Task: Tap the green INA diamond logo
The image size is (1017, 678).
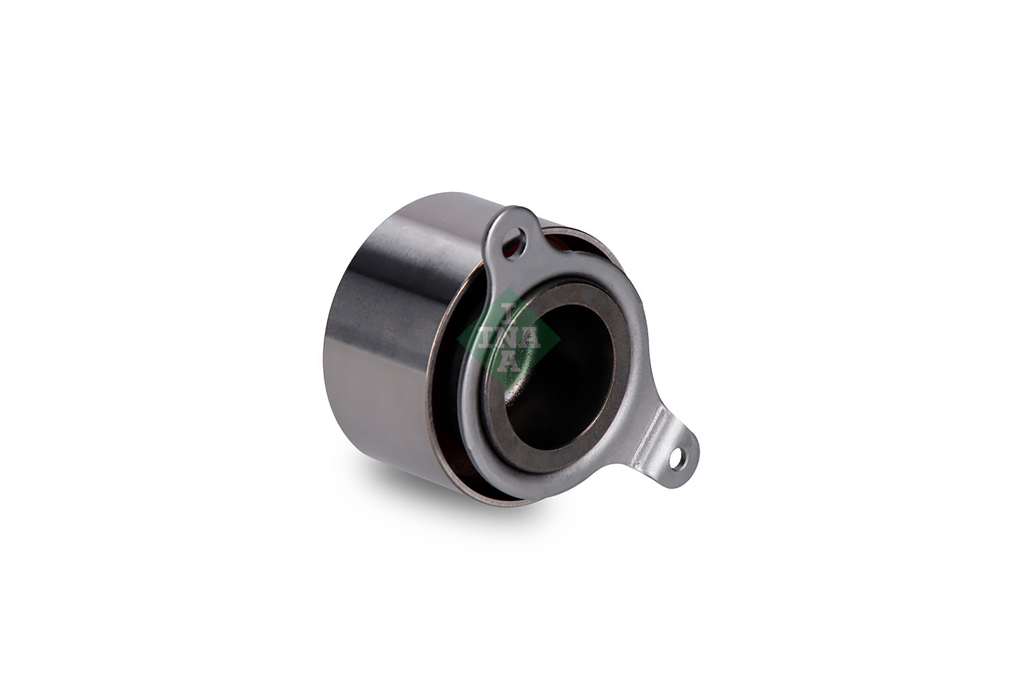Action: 507,340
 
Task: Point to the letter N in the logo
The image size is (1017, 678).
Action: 509,340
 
